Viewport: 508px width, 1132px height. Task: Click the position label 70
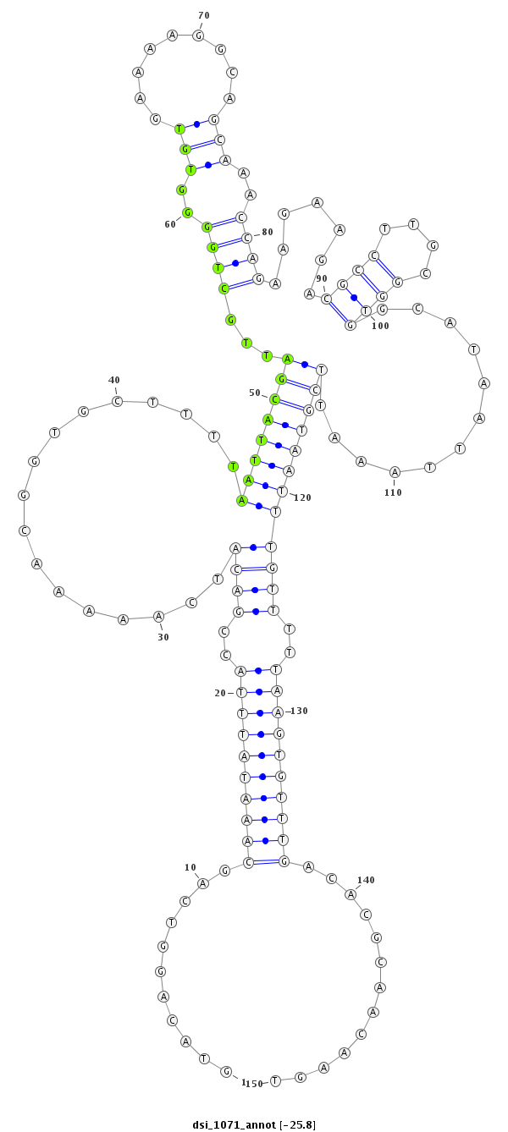(x=204, y=16)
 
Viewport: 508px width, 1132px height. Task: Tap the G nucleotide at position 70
(x=199, y=36)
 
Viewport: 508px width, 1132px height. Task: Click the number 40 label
(x=114, y=380)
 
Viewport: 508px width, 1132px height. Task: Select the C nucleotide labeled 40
(x=117, y=402)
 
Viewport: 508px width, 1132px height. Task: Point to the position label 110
(x=393, y=492)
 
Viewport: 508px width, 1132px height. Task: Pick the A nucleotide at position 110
(x=395, y=472)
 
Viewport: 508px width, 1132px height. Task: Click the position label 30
(x=163, y=637)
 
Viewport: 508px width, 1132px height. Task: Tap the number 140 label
(x=366, y=880)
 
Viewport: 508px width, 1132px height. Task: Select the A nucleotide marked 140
(x=351, y=894)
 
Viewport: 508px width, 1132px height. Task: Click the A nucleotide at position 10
(x=203, y=883)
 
